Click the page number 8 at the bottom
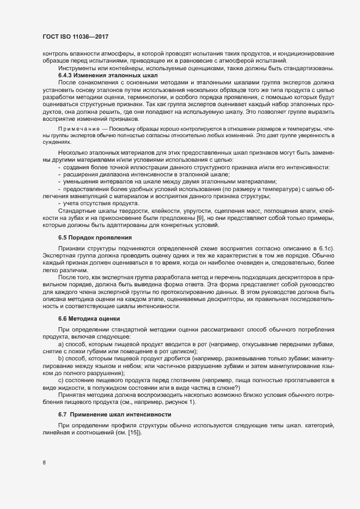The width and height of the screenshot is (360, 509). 44,463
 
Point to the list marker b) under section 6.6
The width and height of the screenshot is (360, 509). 60,359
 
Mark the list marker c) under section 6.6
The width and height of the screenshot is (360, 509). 60,379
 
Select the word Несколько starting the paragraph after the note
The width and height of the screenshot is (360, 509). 75,154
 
